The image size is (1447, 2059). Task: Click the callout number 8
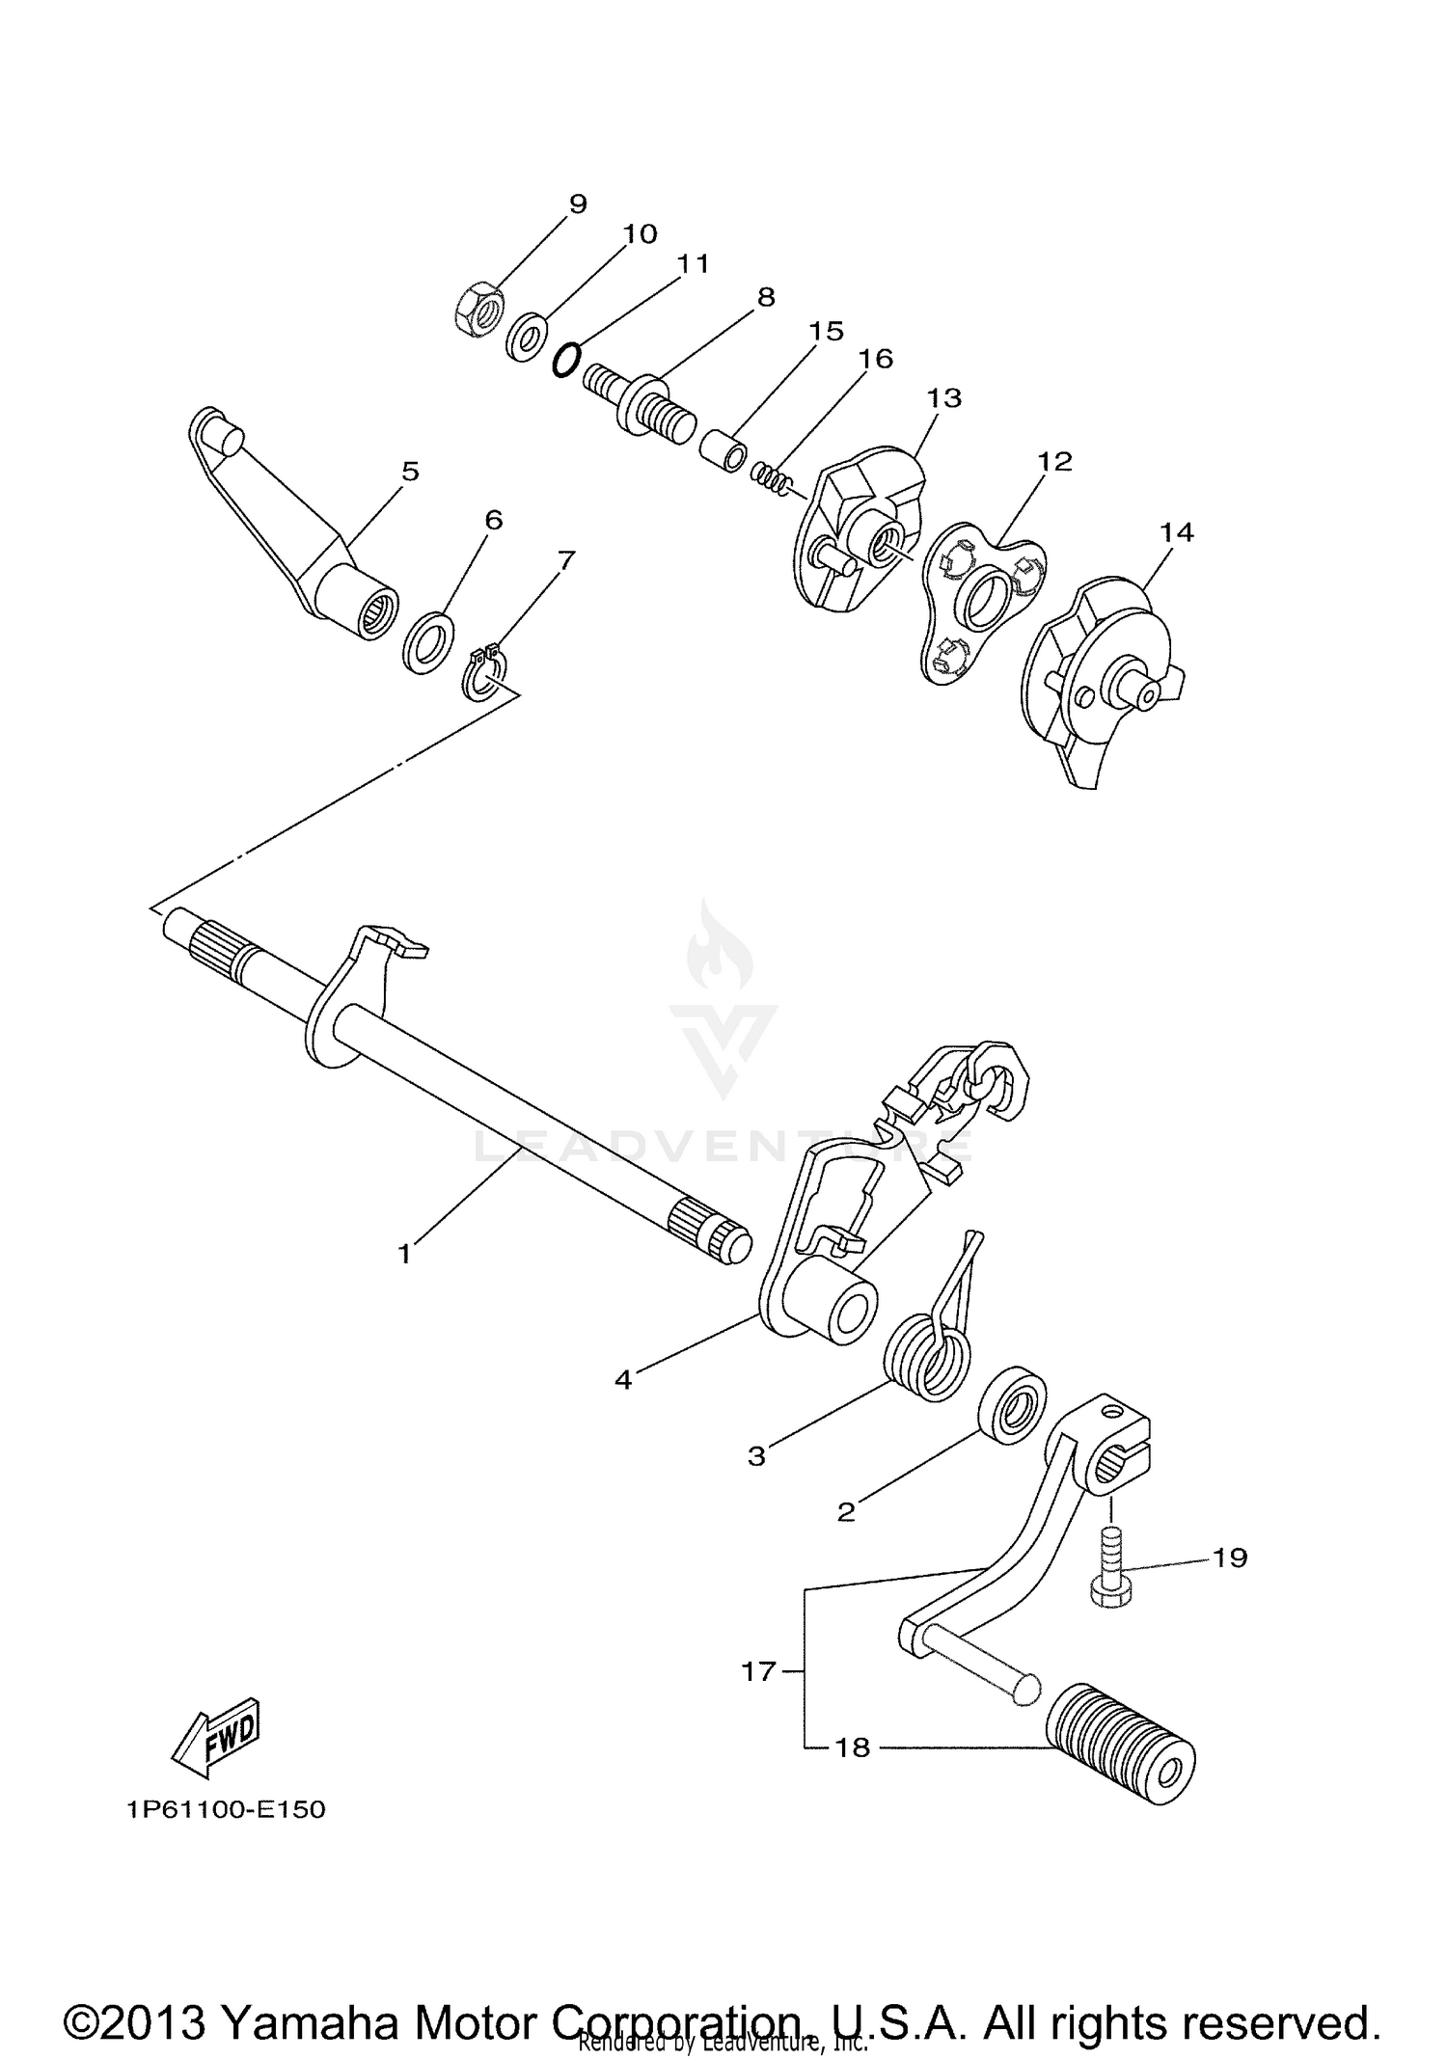(766, 297)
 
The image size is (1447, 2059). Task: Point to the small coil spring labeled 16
(771, 475)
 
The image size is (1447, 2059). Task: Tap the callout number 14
(1177, 531)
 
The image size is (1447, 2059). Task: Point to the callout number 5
(410, 472)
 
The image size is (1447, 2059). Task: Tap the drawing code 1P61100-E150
(226, 1809)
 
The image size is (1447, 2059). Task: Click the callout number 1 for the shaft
(405, 1254)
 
